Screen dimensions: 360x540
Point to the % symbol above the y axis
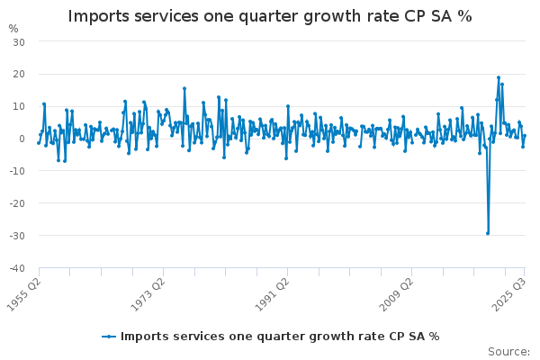(x=13, y=28)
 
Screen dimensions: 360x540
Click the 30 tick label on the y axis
(x=19, y=42)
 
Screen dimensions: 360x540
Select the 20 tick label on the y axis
(x=19, y=75)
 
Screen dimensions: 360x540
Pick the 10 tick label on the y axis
(x=19, y=107)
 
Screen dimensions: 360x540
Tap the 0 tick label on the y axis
(x=22, y=139)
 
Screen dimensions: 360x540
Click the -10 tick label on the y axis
(x=17, y=172)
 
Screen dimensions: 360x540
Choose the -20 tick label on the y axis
(x=17, y=204)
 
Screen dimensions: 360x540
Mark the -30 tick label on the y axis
(x=17, y=237)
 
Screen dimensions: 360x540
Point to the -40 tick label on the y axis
(x=17, y=269)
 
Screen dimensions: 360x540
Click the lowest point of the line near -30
(x=488, y=233)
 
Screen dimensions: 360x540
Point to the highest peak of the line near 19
(x=498, y=77)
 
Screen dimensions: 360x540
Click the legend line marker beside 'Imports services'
(x=109, y=337)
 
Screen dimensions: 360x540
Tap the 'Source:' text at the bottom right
(x=508, y=351)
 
